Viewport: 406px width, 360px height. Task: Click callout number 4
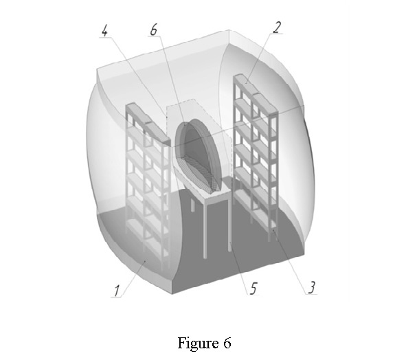coord(104,30)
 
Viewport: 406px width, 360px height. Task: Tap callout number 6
coord(154,30)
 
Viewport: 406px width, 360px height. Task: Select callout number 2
coord(277,27)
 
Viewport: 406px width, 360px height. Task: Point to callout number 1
coord(117,291)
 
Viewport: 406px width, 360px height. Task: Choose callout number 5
coord(253,288)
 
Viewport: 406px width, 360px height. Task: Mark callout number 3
coord(312,287)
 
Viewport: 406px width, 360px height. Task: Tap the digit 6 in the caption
coord(227,343)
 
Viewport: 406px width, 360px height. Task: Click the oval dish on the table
coord(196,155)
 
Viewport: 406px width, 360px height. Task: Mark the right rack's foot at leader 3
coord(273,232)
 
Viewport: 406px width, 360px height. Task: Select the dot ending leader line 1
coord(145,262)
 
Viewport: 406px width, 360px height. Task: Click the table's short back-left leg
coord(193,204)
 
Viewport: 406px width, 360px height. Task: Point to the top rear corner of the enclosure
coord(229,30)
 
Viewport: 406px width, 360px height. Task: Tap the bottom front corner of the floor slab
coord(172,294)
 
